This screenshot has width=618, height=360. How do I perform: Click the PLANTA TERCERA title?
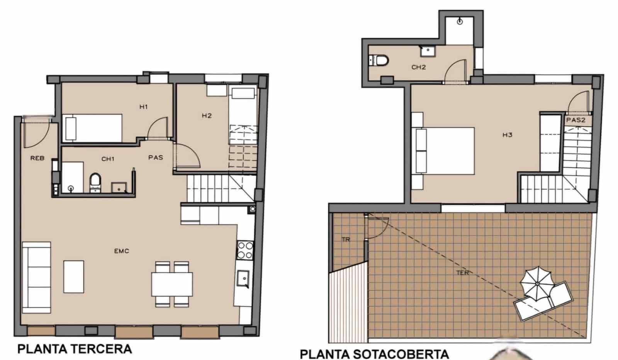[75, 349]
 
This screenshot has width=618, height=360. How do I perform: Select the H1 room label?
[144, 107]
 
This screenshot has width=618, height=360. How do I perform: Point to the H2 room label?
[207, 115]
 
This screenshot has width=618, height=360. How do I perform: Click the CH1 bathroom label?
[108, 159]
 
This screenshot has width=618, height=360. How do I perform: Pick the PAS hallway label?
[156, 158]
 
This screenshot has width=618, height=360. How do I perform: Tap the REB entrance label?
[37, 158]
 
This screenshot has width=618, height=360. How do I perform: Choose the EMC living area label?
[122, 251]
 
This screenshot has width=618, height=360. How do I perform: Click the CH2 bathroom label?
[418, 67]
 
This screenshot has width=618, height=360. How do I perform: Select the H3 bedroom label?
[507, 135]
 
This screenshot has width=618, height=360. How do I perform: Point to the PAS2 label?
[576, 120]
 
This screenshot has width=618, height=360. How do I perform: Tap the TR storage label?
[346, 239]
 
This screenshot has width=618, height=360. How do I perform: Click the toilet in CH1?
[95, 182]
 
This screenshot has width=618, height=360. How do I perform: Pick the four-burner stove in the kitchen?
[244, 250]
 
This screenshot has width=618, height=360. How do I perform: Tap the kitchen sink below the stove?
[243, 278]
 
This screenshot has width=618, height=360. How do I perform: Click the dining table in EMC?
[172, 284]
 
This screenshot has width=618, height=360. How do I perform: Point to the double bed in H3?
[444, 151]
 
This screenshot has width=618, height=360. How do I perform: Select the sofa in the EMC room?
[36, 277]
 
